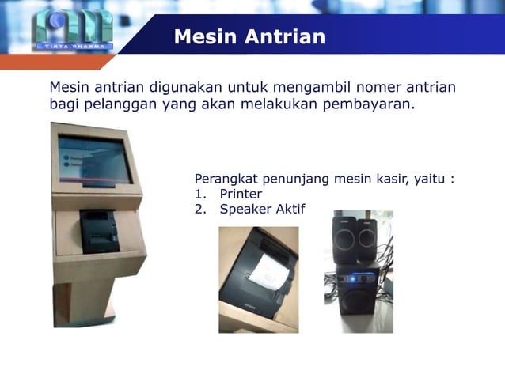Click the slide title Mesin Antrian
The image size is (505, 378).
pos(249,37)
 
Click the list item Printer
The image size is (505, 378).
pos(241,194)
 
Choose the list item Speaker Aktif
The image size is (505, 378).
pos(261,210)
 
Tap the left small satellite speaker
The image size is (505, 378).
pos(344,238)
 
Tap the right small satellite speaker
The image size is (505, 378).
pos(368,238)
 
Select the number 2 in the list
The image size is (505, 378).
pos(199,210)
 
